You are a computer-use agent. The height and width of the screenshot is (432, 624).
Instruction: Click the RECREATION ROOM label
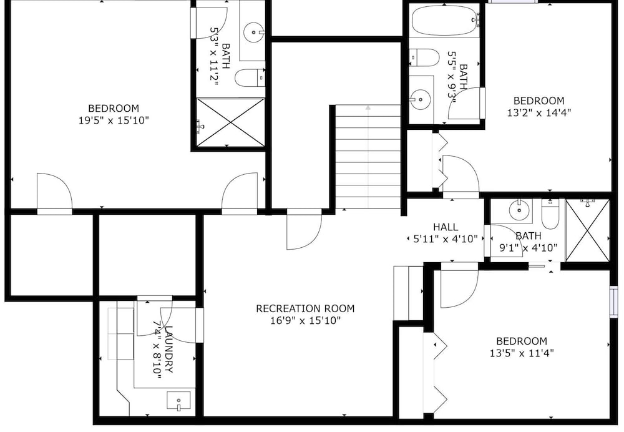tap(305, 308)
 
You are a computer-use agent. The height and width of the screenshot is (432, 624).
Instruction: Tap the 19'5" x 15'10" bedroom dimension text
tap(114, 120)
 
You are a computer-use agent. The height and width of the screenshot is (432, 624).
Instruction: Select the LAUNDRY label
tap(168, 349)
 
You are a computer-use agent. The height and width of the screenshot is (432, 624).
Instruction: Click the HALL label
tap(446, 227)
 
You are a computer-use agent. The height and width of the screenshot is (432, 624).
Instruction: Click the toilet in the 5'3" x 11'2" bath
tap(250, 77)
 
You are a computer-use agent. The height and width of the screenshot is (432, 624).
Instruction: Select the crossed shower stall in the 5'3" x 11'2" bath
tap(230, 122)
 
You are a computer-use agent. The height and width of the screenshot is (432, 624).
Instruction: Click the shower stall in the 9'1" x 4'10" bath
tap(587, 230)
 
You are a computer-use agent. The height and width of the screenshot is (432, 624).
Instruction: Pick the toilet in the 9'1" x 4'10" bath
tap(550, 215)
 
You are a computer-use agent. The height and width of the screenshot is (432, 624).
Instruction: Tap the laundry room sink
tap(178, 401)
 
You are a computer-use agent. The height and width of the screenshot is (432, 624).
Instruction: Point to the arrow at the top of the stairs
tap(368, 107)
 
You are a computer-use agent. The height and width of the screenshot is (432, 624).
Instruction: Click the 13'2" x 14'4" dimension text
tap(539, 112)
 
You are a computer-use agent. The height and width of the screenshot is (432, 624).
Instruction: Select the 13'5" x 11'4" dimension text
tap(522, 353)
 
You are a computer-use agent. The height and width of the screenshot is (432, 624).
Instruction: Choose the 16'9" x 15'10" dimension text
tap(305, 320)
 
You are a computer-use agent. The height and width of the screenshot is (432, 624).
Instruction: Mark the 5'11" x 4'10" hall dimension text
tap(446, 239)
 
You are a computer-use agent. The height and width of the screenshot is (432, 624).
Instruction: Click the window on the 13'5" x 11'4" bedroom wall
tap(613, 302)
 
